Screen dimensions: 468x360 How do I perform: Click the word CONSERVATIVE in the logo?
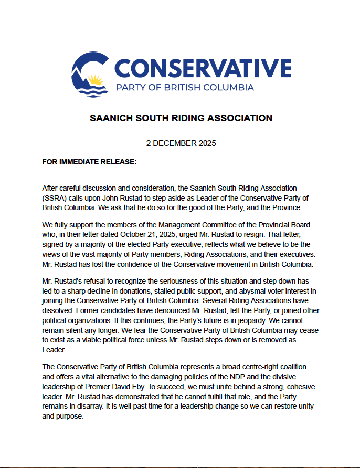coord(203,68)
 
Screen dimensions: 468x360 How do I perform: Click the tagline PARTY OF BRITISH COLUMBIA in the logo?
coord(185,87)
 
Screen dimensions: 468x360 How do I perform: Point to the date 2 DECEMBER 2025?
coord(181,143)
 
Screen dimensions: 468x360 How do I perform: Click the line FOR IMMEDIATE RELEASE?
coord(89,162)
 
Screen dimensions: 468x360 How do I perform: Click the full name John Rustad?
coord(143,197)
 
